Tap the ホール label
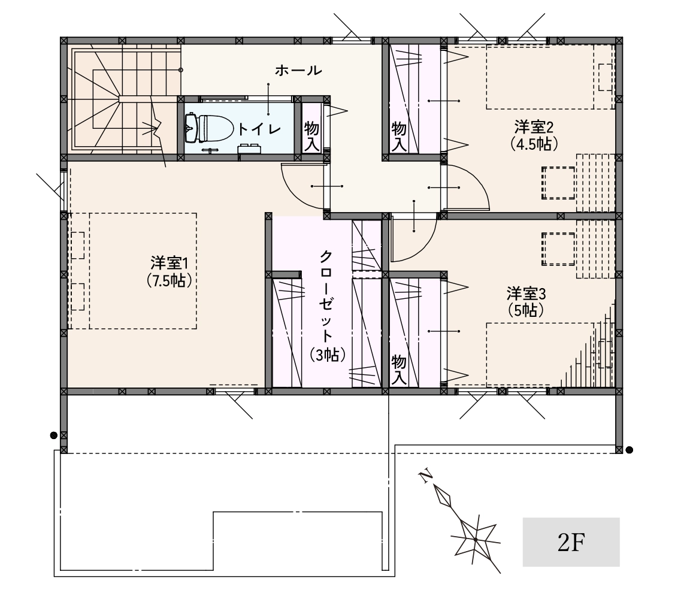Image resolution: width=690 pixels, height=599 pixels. pyautogui.click(x=298, y=71)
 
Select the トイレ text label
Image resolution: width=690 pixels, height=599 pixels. pyautogui.click(x=259, y=129)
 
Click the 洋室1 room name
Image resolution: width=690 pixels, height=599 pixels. pyautogui.click(x=170, y=263)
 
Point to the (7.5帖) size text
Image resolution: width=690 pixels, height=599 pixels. pyautogui.click(x=170, y=280)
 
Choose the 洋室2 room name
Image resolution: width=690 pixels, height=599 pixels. pyautogui.click(x=534, y=127)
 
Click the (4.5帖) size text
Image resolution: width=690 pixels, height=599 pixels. pyautogui.click(x=534, y=144)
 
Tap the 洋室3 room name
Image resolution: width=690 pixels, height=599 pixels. pyautogui.click(x=526, y=293)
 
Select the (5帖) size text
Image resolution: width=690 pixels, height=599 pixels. pyautogui.click(x=526, y=310)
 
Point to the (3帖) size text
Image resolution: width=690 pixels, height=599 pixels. pyautogui.click(x=326, y=354)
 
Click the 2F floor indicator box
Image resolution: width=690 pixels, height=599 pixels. pyautogui.click(x=571, y=541)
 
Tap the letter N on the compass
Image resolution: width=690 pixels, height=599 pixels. pyautogui.click(x=425, y=476)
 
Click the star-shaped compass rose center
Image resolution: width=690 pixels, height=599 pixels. pyautogui.click(x=476, y=539)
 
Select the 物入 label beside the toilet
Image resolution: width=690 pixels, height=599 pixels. pyautogui.click(x=311, y=137)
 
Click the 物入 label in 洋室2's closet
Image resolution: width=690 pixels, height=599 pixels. pyautogui.click(x=399, y=137)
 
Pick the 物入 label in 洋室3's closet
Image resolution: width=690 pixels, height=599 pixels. pyautogui.click(x=399, y=370)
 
